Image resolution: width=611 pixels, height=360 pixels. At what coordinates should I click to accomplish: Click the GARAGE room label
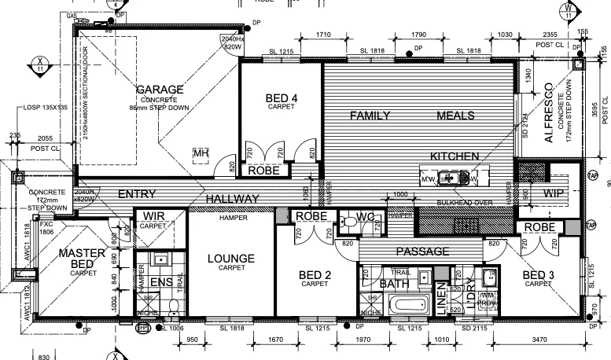pyautogui.click(x=159, y=90)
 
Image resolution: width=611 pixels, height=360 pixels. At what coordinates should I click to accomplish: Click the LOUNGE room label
pyautogui.click(x=230, y=258)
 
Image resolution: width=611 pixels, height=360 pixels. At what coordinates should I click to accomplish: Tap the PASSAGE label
pyautogui.click(x=422, y=252)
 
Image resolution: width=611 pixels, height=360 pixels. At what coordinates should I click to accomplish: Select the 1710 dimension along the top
pyautogui.click(x=322, y=35)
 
